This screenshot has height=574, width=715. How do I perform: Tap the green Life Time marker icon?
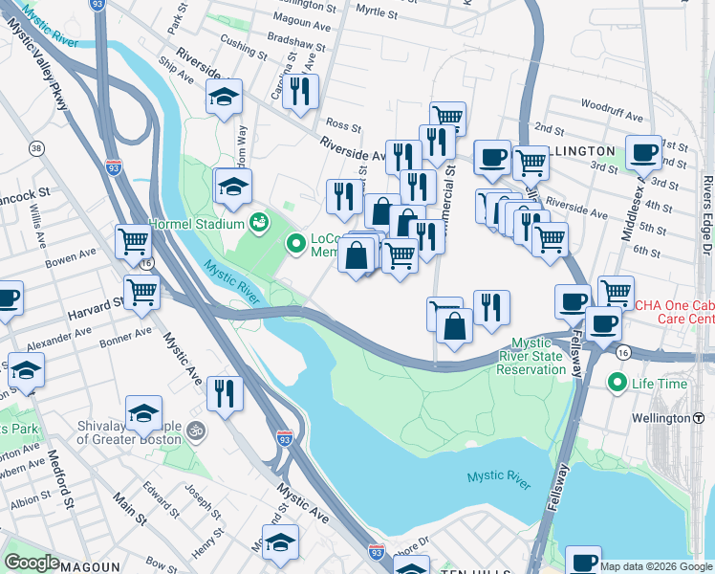616,384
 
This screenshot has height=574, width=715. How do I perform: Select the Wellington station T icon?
698,418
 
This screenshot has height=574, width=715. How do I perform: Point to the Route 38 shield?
35,148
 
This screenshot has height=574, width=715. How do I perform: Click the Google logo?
32,563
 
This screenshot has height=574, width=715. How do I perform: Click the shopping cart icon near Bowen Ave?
133,242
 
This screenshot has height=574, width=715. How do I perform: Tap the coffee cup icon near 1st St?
643,152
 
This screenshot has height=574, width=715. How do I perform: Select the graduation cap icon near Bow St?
279,542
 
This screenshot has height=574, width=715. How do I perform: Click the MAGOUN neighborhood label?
89,566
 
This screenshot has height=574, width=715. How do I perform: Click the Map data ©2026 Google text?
656,566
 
